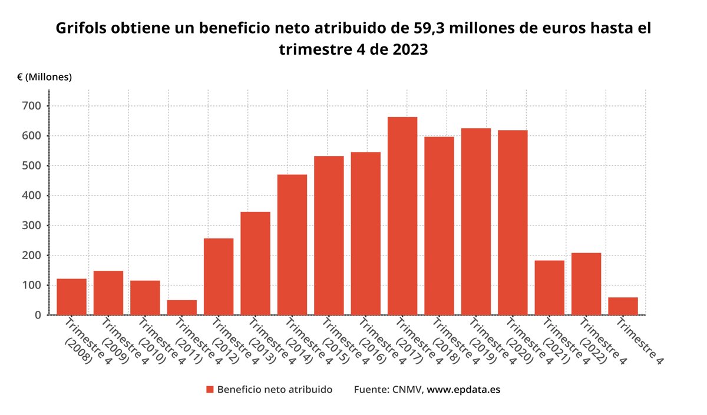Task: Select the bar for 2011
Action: [182, 307]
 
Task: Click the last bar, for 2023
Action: [623, 306]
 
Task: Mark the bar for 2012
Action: [219, 277]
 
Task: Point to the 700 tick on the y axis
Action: [32, 106]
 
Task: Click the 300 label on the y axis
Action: [32, 225]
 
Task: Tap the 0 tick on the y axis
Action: [38, 315]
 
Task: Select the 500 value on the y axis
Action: [32, 165]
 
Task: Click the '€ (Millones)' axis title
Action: [44, 77]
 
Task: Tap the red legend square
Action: [210, 390]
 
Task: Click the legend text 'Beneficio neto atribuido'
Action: [275, 390]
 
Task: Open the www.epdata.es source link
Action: [463, 390]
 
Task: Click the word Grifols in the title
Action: [82, 28]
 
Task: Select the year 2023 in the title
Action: [407, 49]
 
